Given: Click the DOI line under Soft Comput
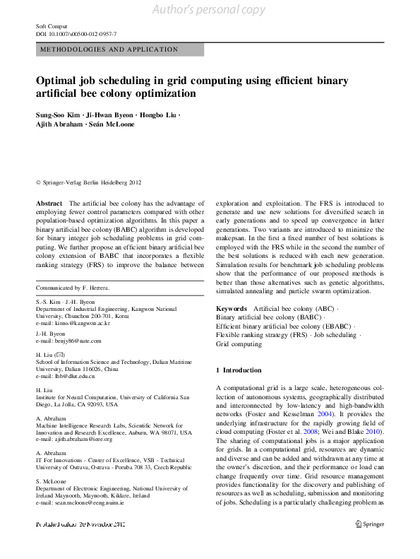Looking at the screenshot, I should pyautogui.click(x=76, y=34).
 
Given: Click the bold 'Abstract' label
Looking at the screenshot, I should pyautogui.click(x=49, y=203).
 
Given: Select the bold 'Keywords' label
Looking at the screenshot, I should pyautogui.click(x=232, y=309).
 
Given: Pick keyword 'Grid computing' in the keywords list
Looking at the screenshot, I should pyautogui.click(x=239, y=344).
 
